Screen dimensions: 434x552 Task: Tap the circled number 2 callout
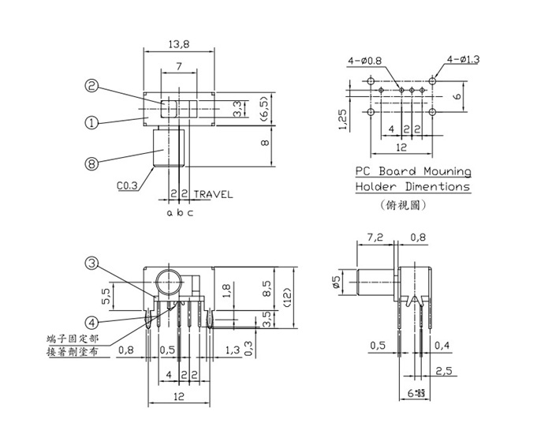pos(92,86)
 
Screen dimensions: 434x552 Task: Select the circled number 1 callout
pos(92,122)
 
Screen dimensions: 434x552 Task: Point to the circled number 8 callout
pos(92,164)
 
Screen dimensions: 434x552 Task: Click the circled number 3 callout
pos(92,264)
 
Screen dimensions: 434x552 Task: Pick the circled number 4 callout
pos(92,322)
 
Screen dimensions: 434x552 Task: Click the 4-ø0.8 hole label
pos(364,60)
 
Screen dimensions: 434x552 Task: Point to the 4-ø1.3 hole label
pos(464,59)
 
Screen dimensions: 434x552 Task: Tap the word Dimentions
pos(434,187)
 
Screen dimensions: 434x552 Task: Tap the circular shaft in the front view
pos(168,282)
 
